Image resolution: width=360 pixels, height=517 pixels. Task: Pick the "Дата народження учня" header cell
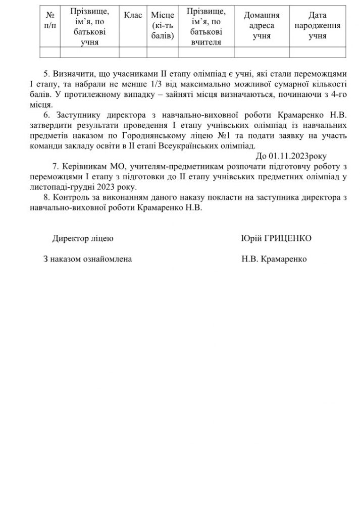(x=318, y=25)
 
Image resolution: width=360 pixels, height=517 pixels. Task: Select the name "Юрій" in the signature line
(x=251, y=238)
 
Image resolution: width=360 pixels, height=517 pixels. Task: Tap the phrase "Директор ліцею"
(x=83, y=238)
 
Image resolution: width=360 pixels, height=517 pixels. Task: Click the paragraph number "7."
(x=56, y=166)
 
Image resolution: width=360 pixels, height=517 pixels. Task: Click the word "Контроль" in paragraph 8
(x=70, y=197)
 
